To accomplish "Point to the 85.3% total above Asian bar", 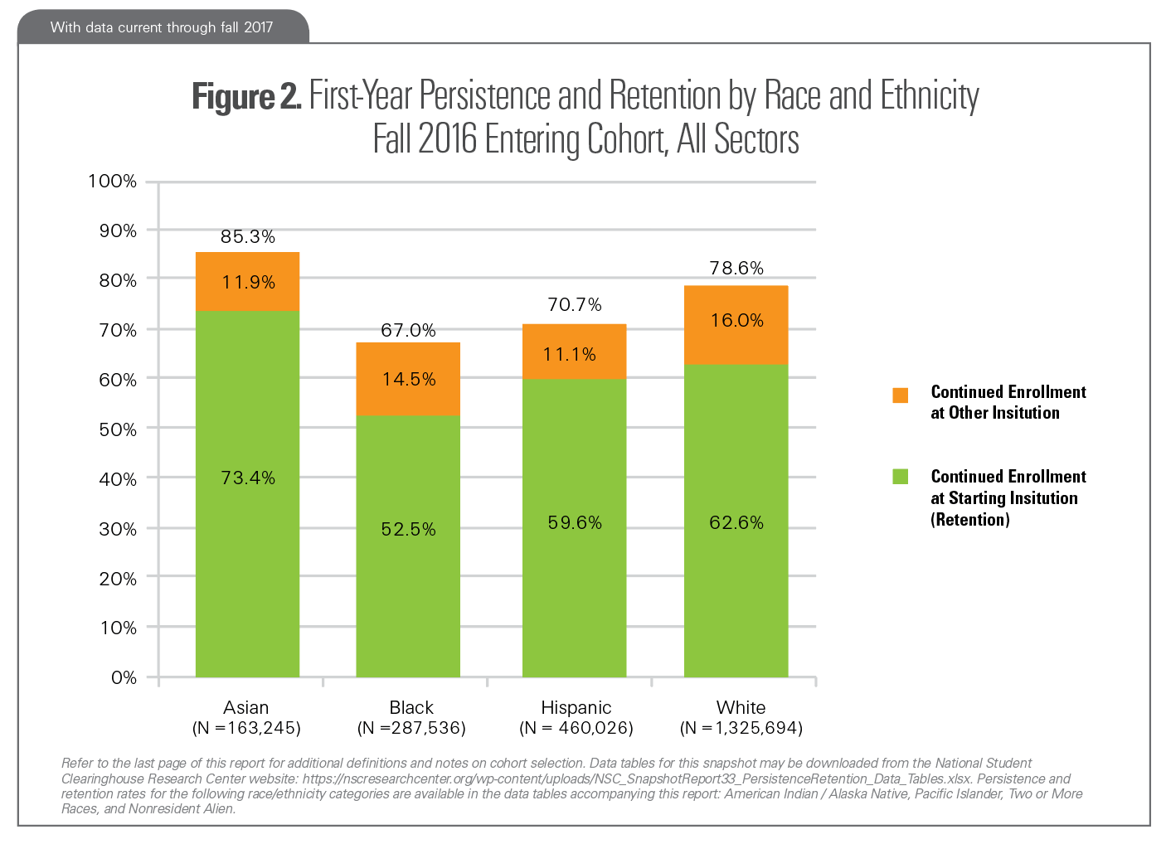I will click(248, 236).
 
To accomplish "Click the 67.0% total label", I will click(408, 330).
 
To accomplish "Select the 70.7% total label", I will click(575, 305).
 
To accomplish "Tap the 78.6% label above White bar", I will click(736, 268).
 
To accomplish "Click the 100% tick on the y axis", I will click(113, 181).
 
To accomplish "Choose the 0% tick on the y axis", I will click(124, 677).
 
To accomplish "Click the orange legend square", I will click(900, 395).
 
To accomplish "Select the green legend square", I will click(900, 477).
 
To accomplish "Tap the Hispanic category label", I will click(576, 707).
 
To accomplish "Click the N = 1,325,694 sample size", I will click(741, 728).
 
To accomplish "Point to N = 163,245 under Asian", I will click(246, 728).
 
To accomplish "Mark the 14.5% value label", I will click(409, 379).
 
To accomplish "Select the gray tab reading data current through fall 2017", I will click(163, 27).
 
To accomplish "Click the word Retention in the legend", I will click(970, 520).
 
